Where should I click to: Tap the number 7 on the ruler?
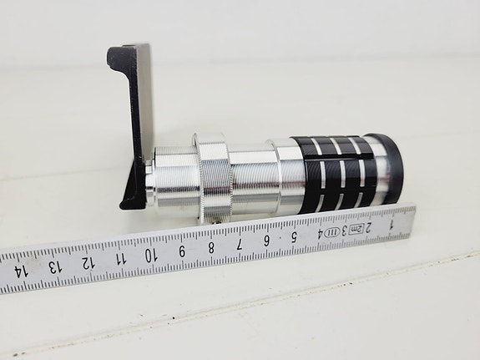pyautogui.click(x=240, y=243)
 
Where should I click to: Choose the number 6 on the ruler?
pyautogui.click(x=267, y=240)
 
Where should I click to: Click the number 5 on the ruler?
pyautogui.click(x=294, y=236)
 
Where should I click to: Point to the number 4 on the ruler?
pyautogui.click(x=319, y=233)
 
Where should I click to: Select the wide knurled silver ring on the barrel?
pyautogui.click(x=214, y=176)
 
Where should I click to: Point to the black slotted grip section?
pyautogui.click(x=333, y=170)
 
